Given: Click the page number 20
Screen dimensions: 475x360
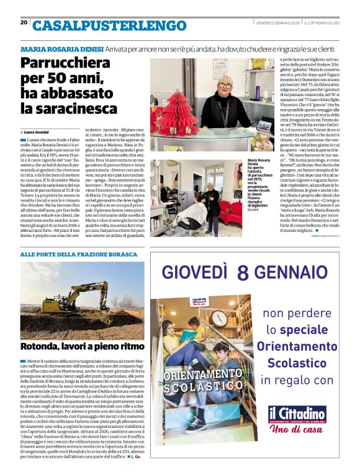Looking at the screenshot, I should (x=24, y=22).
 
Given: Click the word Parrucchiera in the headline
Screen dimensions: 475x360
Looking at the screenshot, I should (x=65, y=63).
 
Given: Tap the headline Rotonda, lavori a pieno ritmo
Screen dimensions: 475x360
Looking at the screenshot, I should (x=82, y=347).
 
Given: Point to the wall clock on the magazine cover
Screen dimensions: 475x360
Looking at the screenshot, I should (x=220, y=317).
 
